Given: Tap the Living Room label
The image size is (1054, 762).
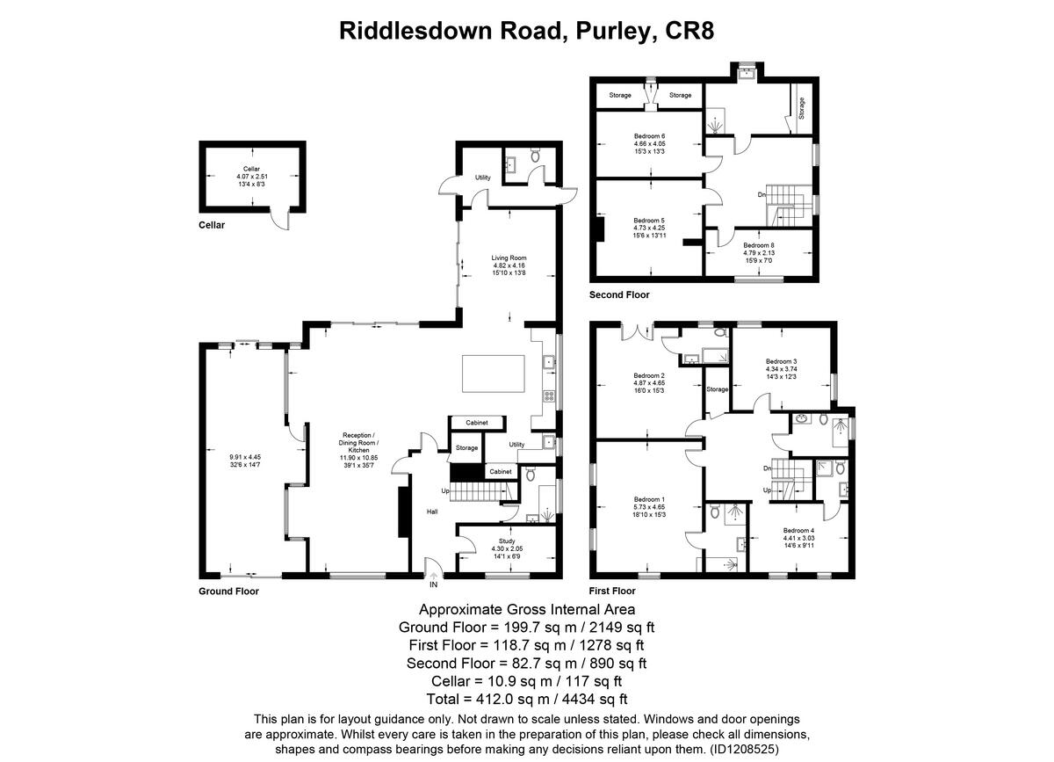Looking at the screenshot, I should pos(509,258).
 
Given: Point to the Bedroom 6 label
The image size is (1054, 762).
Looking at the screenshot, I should pos(650,136).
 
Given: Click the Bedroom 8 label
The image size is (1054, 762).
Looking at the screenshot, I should pos(759,245).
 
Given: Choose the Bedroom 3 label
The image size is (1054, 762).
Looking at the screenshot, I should pos(781,361).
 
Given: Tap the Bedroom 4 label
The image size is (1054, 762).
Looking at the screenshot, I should pos(798,530).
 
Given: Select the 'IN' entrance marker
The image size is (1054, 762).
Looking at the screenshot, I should pos(433,584).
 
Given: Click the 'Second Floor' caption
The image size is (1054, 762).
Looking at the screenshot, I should pos(620,295).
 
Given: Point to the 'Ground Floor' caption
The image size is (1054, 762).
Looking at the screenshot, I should pos(228,591).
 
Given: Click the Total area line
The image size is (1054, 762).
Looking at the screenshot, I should pos(527,700).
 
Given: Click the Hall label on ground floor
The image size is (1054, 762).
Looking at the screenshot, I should pos(432,512).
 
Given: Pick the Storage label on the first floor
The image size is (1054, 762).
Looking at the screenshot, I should pos(718,389).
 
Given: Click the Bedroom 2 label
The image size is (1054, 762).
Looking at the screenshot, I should pos(650,375).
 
